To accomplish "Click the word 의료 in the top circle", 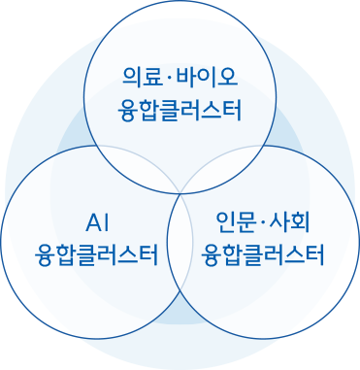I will (142, 76).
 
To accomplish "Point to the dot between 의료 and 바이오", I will (168, 76).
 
